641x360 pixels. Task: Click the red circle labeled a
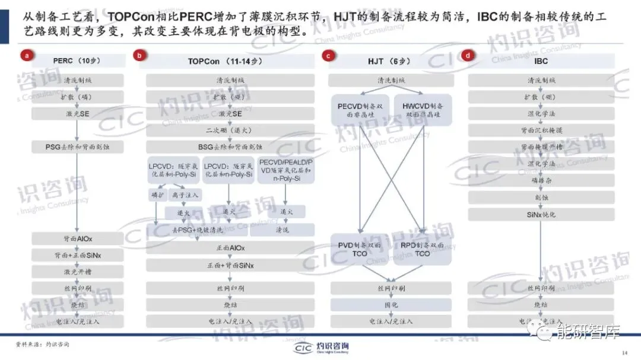pyautogui.click(x=26, y=56)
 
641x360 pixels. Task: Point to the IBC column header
pyautogui.click(x=541, y=61)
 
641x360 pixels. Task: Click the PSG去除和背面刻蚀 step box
pyautogui.click(x=77, y=145)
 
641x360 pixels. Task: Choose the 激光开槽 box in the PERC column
pyautogui.click(x=77, y=272)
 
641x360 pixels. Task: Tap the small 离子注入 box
pyautogui.click(x=186, y=195)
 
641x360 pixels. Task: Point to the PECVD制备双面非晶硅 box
pyautogui.click(x=359, y=110)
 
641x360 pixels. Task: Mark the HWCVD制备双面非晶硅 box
pyautogui.click(x=423, y=110)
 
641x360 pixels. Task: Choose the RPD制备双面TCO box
pyautogui.click(x=423, y=249)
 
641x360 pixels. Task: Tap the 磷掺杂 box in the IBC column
pyautogui.click(x=541, y=180)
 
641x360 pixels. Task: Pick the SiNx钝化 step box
pyautogui.click(x=541, y=214)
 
